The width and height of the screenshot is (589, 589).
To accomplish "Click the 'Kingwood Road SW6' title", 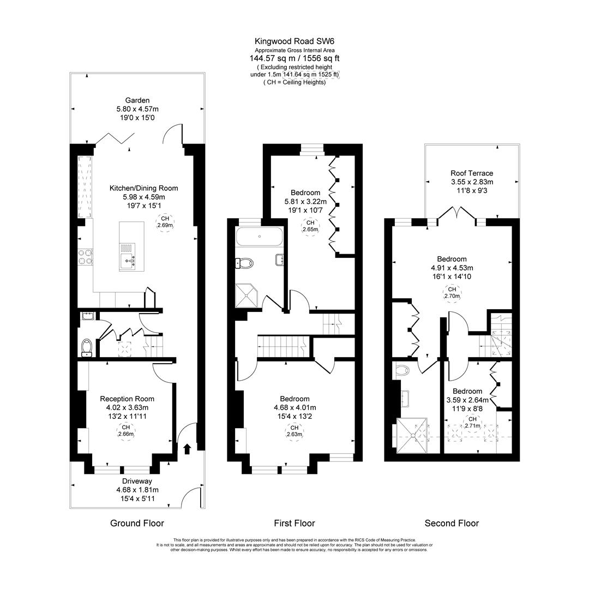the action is pyautogui.click(x=294, y=41).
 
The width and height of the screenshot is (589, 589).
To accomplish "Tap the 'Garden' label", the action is pyautogui.click(x=137, y=100).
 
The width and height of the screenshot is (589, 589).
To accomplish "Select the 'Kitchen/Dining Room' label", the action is pyautogui.click(x=144, y=188).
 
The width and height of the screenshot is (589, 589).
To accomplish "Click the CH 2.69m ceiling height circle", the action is pyautogui.click(x=165, y=222).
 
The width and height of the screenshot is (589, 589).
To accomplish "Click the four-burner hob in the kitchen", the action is pyautogui.click(x=85, y=257).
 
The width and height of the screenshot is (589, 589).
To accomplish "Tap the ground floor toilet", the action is pyautogui.click(x=87, y=347).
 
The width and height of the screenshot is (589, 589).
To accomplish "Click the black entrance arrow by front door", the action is pyautogui.click(x=187, y=449).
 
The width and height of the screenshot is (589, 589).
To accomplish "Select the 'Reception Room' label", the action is pyautogui.click(x=127, y=399).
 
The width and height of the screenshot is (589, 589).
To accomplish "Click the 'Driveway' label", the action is pyautogui.click(x=137, y=481).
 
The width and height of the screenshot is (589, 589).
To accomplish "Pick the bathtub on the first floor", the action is pyautogui.click(x=259, y=237).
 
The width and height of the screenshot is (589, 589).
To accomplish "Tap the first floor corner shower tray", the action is pyautogui.click(x=247, y=296).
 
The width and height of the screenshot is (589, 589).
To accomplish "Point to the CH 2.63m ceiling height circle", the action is pyautogui.click(x=294, y=431).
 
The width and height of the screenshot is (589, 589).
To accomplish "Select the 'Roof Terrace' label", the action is pyautogui.click(x=472, y=173).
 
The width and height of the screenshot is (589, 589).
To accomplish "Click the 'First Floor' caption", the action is pyautogui.click(x=294, y=523).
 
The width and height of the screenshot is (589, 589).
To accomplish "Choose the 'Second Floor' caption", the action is pyautogui.click(x=452, y=523).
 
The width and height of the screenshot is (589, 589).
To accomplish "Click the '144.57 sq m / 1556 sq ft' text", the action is pyautogui.click(x=294, y=58).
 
